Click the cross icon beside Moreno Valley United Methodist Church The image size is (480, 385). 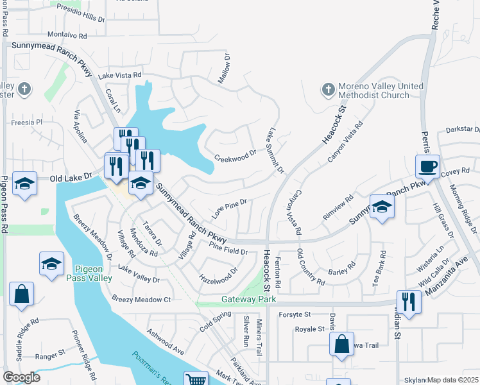pyautogui.click(x=328, y=90)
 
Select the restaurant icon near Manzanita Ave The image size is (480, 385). pyautogui.click(x=409, y=300)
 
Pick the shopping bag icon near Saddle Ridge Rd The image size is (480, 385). pyautogui.click(x=21, y=294)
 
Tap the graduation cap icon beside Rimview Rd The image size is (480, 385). pyautogui.click(x=381, y=207)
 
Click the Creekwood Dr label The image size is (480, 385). pyautogui.click(x=235, y=156)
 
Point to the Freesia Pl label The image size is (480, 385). pyautogui.click(x=26, y=122)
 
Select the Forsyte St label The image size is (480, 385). pyautogui.click(x=295, y=314)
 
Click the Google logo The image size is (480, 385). pyautogui.click(x=21, y=377)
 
